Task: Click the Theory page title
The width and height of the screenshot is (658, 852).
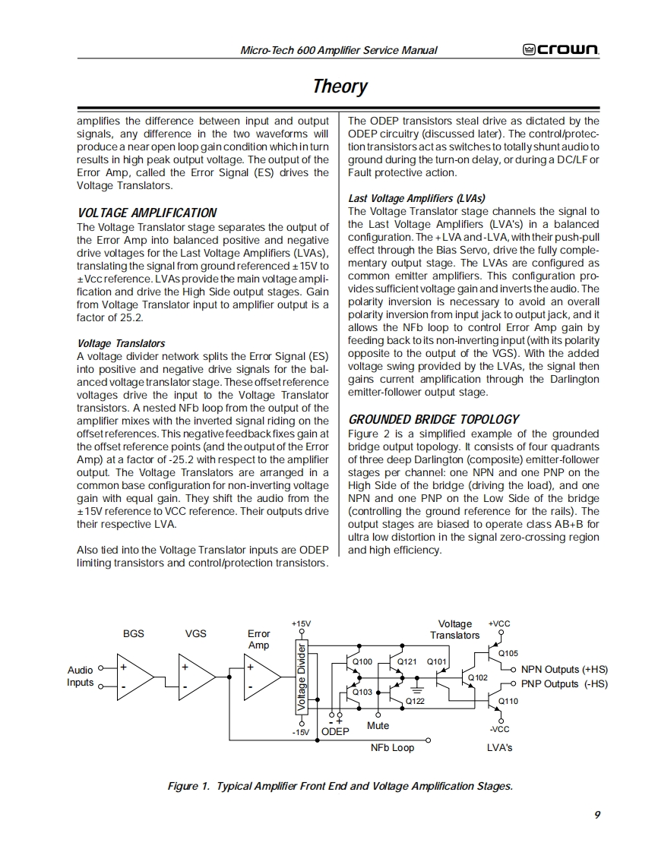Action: click(x=340, y=86)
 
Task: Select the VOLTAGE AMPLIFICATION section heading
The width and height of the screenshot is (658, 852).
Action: click(x=147, y=213)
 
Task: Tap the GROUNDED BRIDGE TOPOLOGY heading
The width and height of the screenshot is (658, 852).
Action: click(x=433, y=419)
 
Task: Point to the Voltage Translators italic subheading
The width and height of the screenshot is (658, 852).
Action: click(x=121, y=343)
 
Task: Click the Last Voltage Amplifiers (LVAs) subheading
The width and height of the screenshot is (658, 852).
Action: click(x=416, y=198)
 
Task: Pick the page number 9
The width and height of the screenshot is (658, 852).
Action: click(x=597, y=815)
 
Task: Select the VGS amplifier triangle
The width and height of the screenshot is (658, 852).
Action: click(x=195, y=677)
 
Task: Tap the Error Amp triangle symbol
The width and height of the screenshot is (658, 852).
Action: click(x=261, y=677)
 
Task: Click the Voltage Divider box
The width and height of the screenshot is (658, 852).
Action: click(x=302, y=678)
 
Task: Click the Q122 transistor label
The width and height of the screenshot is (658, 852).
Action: click(x=415, y=701)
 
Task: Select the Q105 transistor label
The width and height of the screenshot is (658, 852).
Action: click(x=508, y=653)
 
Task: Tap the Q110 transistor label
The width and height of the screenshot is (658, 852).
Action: click(x=508, y=701)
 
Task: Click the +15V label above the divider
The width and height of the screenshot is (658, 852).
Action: click(x=301, y=623)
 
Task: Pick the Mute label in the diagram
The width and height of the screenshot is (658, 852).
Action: click(x=378, y=725)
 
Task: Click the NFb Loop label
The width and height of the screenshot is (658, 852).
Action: click(x=392, y=748)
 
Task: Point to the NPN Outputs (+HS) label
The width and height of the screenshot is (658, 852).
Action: click(x=564, y=670)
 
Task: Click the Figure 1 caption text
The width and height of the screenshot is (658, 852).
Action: click(x=340, y=786)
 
